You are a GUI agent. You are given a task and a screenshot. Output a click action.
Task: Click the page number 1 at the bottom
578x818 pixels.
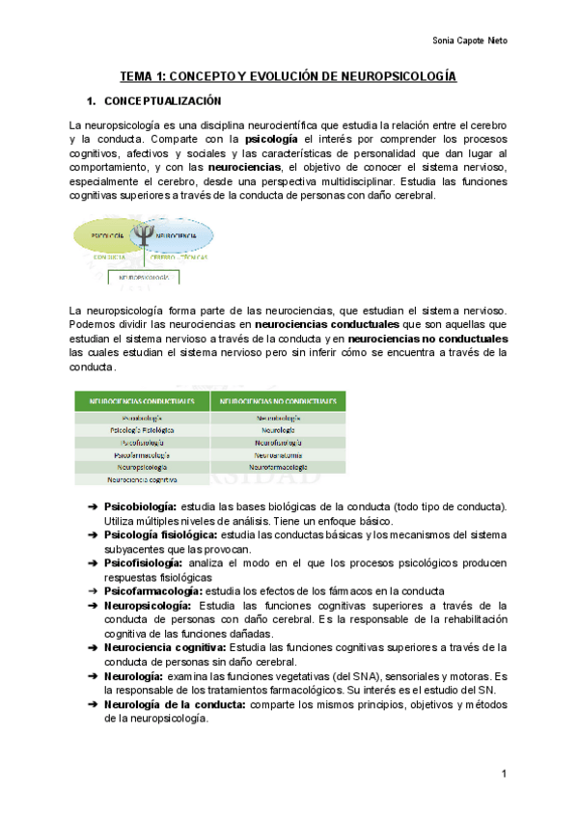coord(504,775)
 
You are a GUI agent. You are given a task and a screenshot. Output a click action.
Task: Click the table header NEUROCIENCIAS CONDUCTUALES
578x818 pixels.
coord(142,401)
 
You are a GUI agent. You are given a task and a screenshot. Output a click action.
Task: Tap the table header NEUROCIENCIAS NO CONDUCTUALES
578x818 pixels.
coord(278,401)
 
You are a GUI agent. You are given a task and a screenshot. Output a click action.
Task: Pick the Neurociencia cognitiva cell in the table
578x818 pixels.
coord(142,478)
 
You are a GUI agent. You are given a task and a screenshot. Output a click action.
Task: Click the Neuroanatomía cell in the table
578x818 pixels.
coord(278,453)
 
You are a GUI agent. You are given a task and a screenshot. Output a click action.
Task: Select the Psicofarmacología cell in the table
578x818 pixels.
coord(142,453)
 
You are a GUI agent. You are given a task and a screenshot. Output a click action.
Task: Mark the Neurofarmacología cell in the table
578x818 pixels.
coord(278,466)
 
